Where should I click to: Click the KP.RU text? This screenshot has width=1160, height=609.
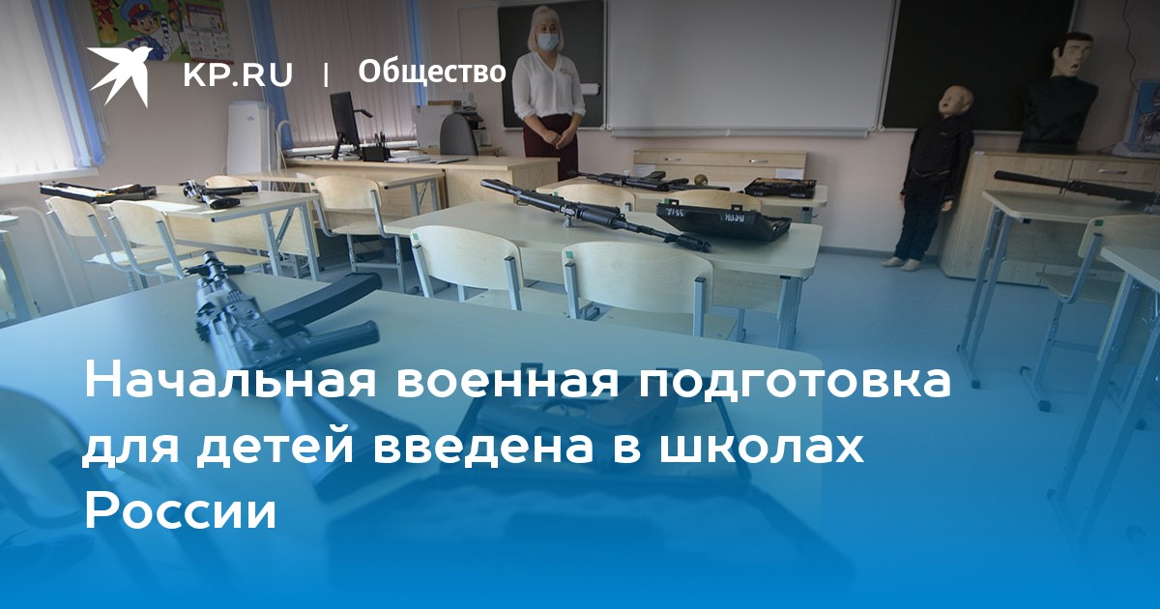coord(238,74)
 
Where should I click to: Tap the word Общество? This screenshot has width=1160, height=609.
coord(431,72)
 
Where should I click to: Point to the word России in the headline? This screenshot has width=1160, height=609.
coord(180,509)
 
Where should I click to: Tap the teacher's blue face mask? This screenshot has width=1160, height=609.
coord(547,42)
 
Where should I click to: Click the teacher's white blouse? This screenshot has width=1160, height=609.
coord(548,85)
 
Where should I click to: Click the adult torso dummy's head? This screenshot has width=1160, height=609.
coord(1074,56)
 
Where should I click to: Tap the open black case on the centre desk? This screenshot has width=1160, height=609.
coord(724,219)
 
